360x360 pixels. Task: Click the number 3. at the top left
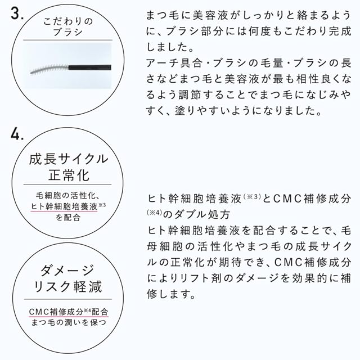pyautogui.click(x=17, y=13)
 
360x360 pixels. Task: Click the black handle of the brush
pyautogui.click(x=90, y=67)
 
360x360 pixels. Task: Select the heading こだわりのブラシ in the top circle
pyautogui.click(x=68, y=26)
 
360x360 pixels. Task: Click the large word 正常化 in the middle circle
pyautogui.click(x=69, y=175)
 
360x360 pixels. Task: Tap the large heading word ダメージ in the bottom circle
pyautogui.click(x=67, y=270)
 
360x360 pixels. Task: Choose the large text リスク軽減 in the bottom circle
pyautogui.click(x=68, y=286)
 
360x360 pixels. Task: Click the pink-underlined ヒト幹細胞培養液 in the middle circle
pyautogui.click(x=64, y=206)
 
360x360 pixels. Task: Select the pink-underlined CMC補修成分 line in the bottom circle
pyautogui.click(x=69, y=312)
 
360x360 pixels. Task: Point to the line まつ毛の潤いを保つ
pyautogui.click(x=69, y=322)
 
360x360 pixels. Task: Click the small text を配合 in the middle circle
pyautogui.click(x=68, y=217)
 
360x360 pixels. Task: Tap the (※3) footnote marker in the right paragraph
pyautogui.click(x=252, y=196)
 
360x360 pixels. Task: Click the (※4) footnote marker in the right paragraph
pyautogui.click(x=155, y=213)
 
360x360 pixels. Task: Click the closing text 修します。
pyautogui.click(x=171, y=294)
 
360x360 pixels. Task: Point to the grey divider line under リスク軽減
pyautogui.click(x=68, y=299)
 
